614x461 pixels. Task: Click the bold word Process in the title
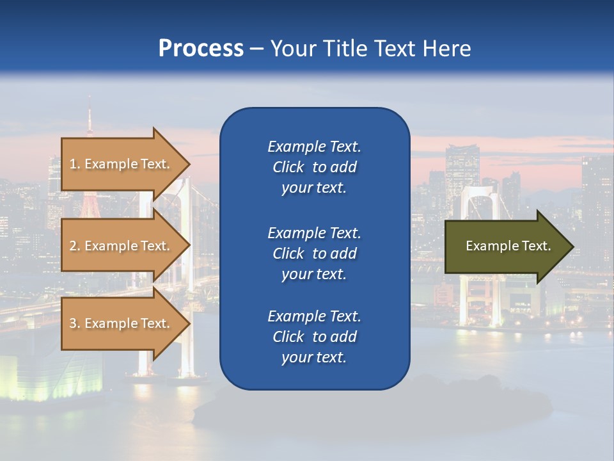pyautogui.click(x=201, y=49)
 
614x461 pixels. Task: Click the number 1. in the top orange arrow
pyautogui.click(x=75, y=164)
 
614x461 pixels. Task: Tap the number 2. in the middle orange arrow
pyautogui.click(x=75, y=246)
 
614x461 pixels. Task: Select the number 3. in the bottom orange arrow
pyautogui.click(x=75, y=323)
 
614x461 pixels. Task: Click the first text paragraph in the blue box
pyautogui.click(x=314, y=167)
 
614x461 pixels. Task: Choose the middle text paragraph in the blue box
pyautogui.click(x=314, y=254)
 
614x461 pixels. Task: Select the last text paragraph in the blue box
pyautogui.click(x=314, y=337)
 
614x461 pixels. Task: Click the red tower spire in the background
pyautogui.click(x=90, y=122)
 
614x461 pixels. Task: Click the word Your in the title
pyautogui.click(x=291, y=49)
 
